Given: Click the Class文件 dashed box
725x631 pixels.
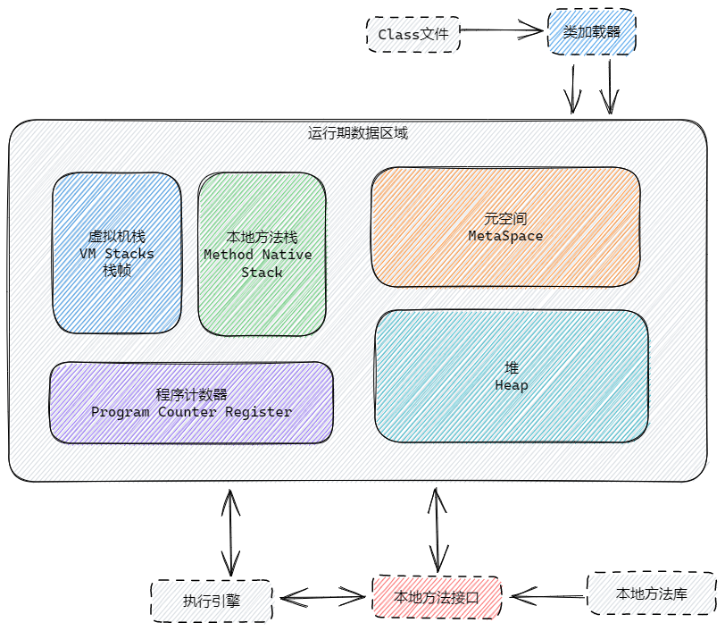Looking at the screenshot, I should point(413,35).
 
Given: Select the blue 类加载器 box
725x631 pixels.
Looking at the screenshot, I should point(591,32).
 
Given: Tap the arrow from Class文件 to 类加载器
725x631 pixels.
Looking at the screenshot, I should point(503,31).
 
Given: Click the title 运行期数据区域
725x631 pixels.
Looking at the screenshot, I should point(358,133).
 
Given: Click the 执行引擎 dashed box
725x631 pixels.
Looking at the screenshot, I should point(212,601).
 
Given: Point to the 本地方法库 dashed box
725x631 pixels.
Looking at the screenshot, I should point(651,593).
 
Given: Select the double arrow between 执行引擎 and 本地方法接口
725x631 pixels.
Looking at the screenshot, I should point(322,595).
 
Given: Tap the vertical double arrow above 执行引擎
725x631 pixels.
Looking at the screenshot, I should point(231,532).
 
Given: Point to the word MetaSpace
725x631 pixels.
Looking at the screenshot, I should point(505,236).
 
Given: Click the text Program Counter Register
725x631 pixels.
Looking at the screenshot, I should point(191,412).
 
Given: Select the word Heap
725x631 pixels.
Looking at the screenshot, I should point(511,385).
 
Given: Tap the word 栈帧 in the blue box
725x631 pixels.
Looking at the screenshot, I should point(117,270).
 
